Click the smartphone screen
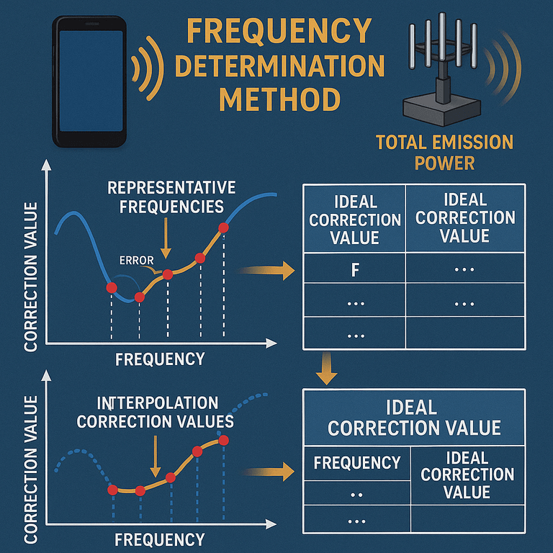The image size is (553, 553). [x=91, y=81]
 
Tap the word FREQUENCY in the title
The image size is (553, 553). [x=279, y=32]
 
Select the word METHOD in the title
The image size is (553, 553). [x=279, y=99]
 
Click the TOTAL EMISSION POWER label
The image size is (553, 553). [x=444, y=153]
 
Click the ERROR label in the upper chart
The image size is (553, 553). [x=137, y=261]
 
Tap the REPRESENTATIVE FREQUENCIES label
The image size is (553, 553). [x=171, y=197]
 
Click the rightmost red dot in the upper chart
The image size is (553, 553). [x=223, y=228]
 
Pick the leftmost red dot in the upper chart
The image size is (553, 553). [x=112, y=288]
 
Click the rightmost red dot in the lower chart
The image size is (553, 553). [x=224, y=441]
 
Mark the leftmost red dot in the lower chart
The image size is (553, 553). [x=112, y=490]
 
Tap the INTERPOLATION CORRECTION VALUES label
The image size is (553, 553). [x=156, y=412]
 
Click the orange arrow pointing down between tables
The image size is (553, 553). [x=327, y=369]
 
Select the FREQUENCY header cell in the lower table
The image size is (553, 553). [x=357, y=463]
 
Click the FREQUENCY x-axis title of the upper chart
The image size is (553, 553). [x=160, y=359]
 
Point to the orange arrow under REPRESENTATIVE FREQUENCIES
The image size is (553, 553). [x=166, y=238]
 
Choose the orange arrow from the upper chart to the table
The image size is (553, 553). [x=266, y=271]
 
